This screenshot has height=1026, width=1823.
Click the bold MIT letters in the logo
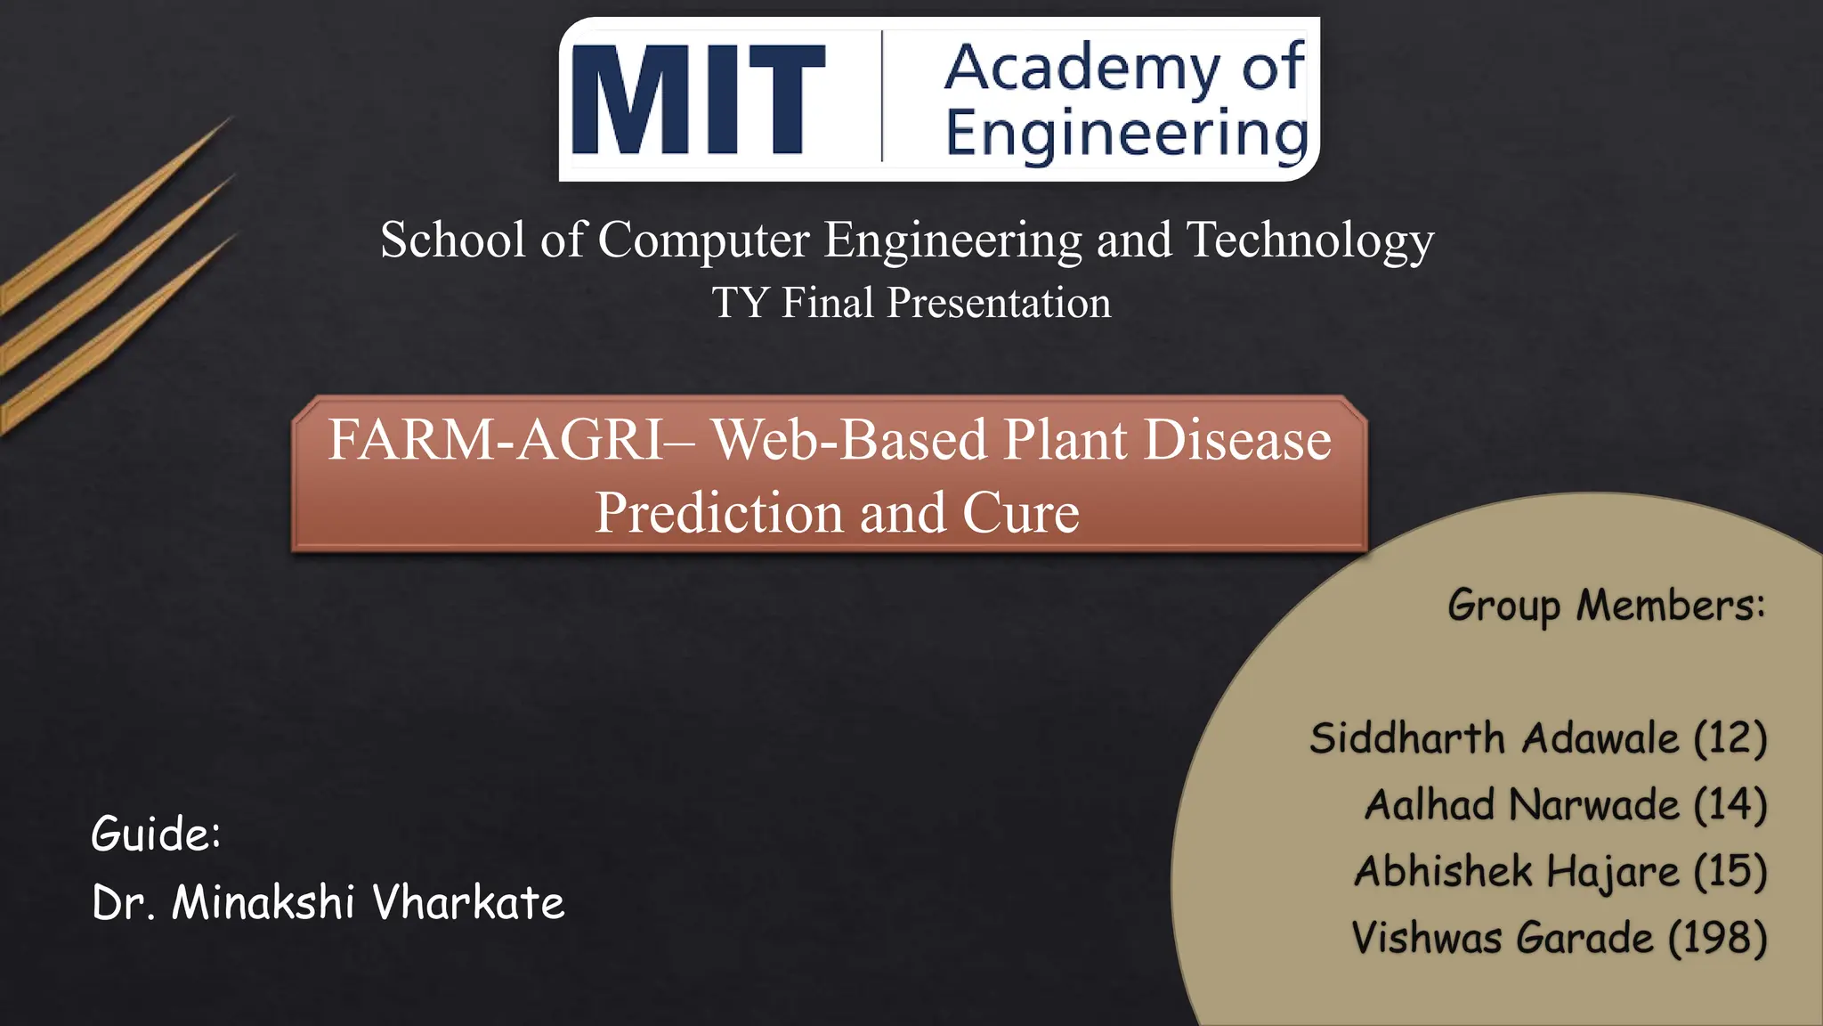click(x=699, y=100)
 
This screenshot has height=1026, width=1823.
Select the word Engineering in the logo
click(x=1126, y=134)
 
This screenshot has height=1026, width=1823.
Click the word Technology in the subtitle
click(x=1309, y=240)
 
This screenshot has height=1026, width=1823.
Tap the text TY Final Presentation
click(x=911, y=303)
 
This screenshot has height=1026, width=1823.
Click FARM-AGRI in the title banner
click(x=495, y=440)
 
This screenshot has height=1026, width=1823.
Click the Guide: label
click(x=156, y=834)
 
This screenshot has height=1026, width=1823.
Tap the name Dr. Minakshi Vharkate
click(x=328, y=902)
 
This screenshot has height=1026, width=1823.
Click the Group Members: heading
click(x=1606, y=606)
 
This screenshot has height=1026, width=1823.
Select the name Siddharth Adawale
click(x=1494, y=738)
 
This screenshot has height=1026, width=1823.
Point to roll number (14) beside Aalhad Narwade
click(x=1730, y=804)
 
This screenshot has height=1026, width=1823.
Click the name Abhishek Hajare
click(x=1516, y=871)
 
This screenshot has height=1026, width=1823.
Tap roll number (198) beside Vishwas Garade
click(x=1717, y=938)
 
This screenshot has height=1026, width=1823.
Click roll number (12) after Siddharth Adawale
click(x=1730, y=738)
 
